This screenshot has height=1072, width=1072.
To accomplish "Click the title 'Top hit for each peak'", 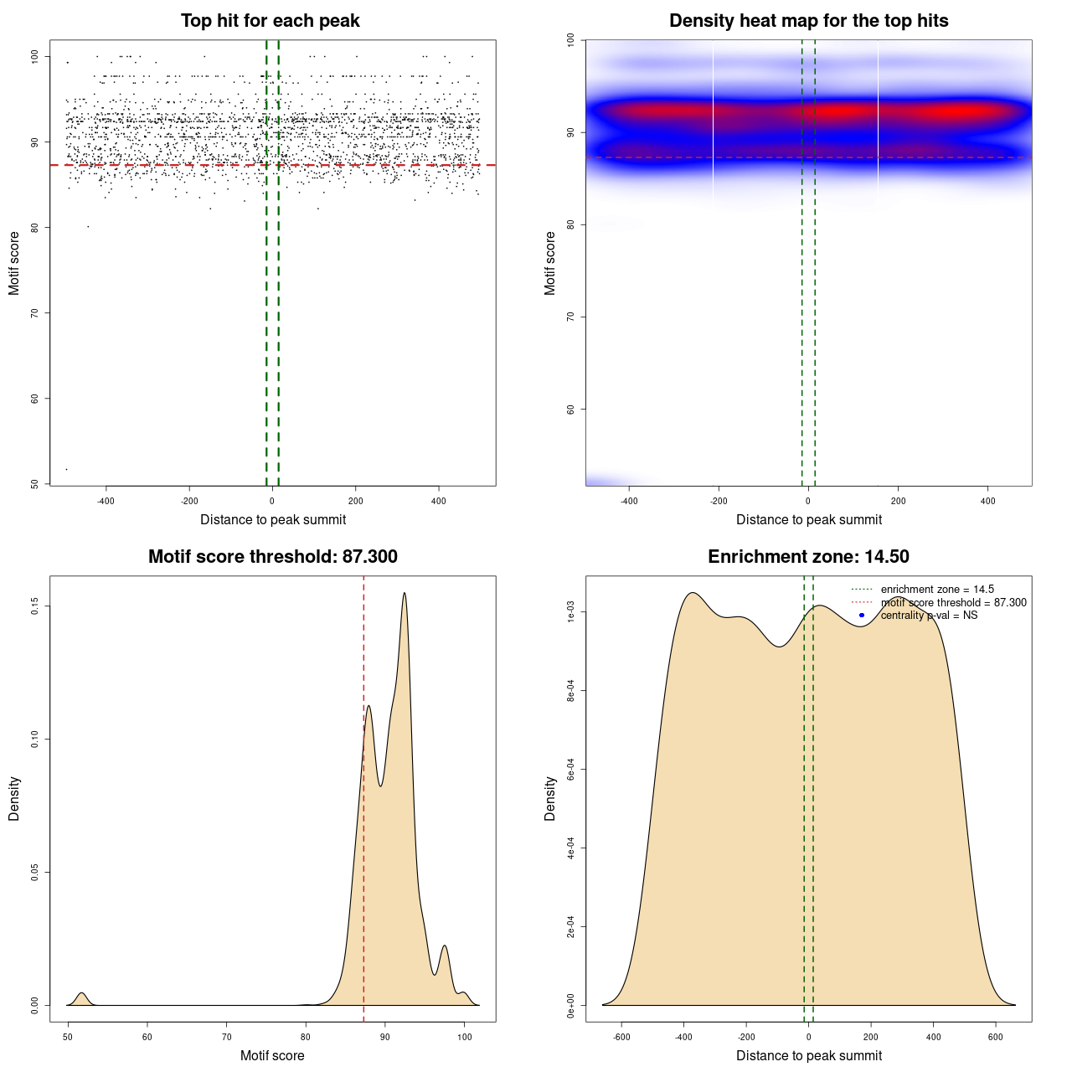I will tap(271, 21).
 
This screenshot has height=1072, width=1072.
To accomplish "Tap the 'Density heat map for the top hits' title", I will tap(808, 21).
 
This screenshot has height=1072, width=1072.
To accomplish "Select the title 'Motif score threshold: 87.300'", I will tap(272, 557).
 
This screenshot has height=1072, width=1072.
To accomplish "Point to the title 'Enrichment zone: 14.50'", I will tap(808, 557).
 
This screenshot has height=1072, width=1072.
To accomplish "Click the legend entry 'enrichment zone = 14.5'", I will tap(937, 590).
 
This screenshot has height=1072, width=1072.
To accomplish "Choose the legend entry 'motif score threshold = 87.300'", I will tap(953, 603).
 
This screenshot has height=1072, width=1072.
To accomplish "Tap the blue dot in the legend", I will tap(862, 616).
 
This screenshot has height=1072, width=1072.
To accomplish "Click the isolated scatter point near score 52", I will tap(67, 469).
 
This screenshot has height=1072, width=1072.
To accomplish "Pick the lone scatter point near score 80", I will tap(88, 226).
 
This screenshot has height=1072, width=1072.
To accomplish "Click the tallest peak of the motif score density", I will tap(405, 593).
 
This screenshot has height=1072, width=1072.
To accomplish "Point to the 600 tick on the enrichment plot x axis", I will tap(996, 1037).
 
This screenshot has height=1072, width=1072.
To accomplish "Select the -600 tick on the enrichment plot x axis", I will tap(622, 1037).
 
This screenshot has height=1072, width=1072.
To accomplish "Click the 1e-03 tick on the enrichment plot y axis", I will tap(571, 612).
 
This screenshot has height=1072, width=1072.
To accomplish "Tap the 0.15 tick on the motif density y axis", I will tap(35, 606).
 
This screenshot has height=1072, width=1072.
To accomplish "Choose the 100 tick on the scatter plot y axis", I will tap(35, 57).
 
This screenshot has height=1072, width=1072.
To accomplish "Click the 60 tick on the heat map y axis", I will tap(571, 410).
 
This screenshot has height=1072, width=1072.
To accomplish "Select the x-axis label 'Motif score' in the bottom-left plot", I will tap(272, 1055).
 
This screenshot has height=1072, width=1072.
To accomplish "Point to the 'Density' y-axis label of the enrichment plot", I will tap(550, 798).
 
